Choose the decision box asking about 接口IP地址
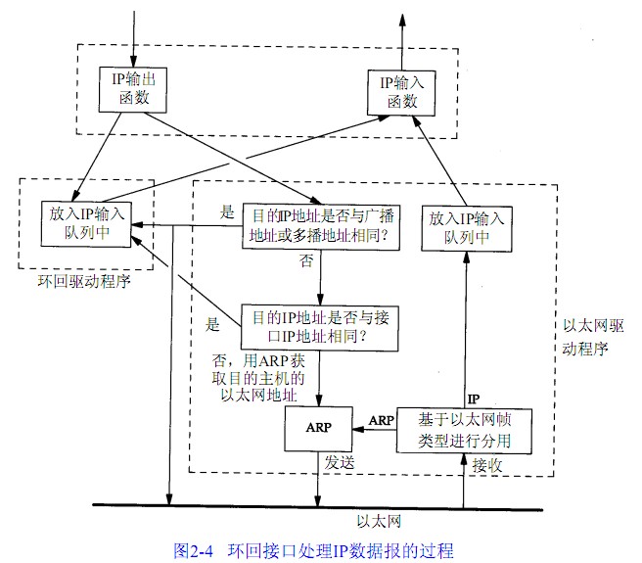pos(321,326)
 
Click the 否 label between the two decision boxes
pos(305,262)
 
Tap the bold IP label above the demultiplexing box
pos(474,399)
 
